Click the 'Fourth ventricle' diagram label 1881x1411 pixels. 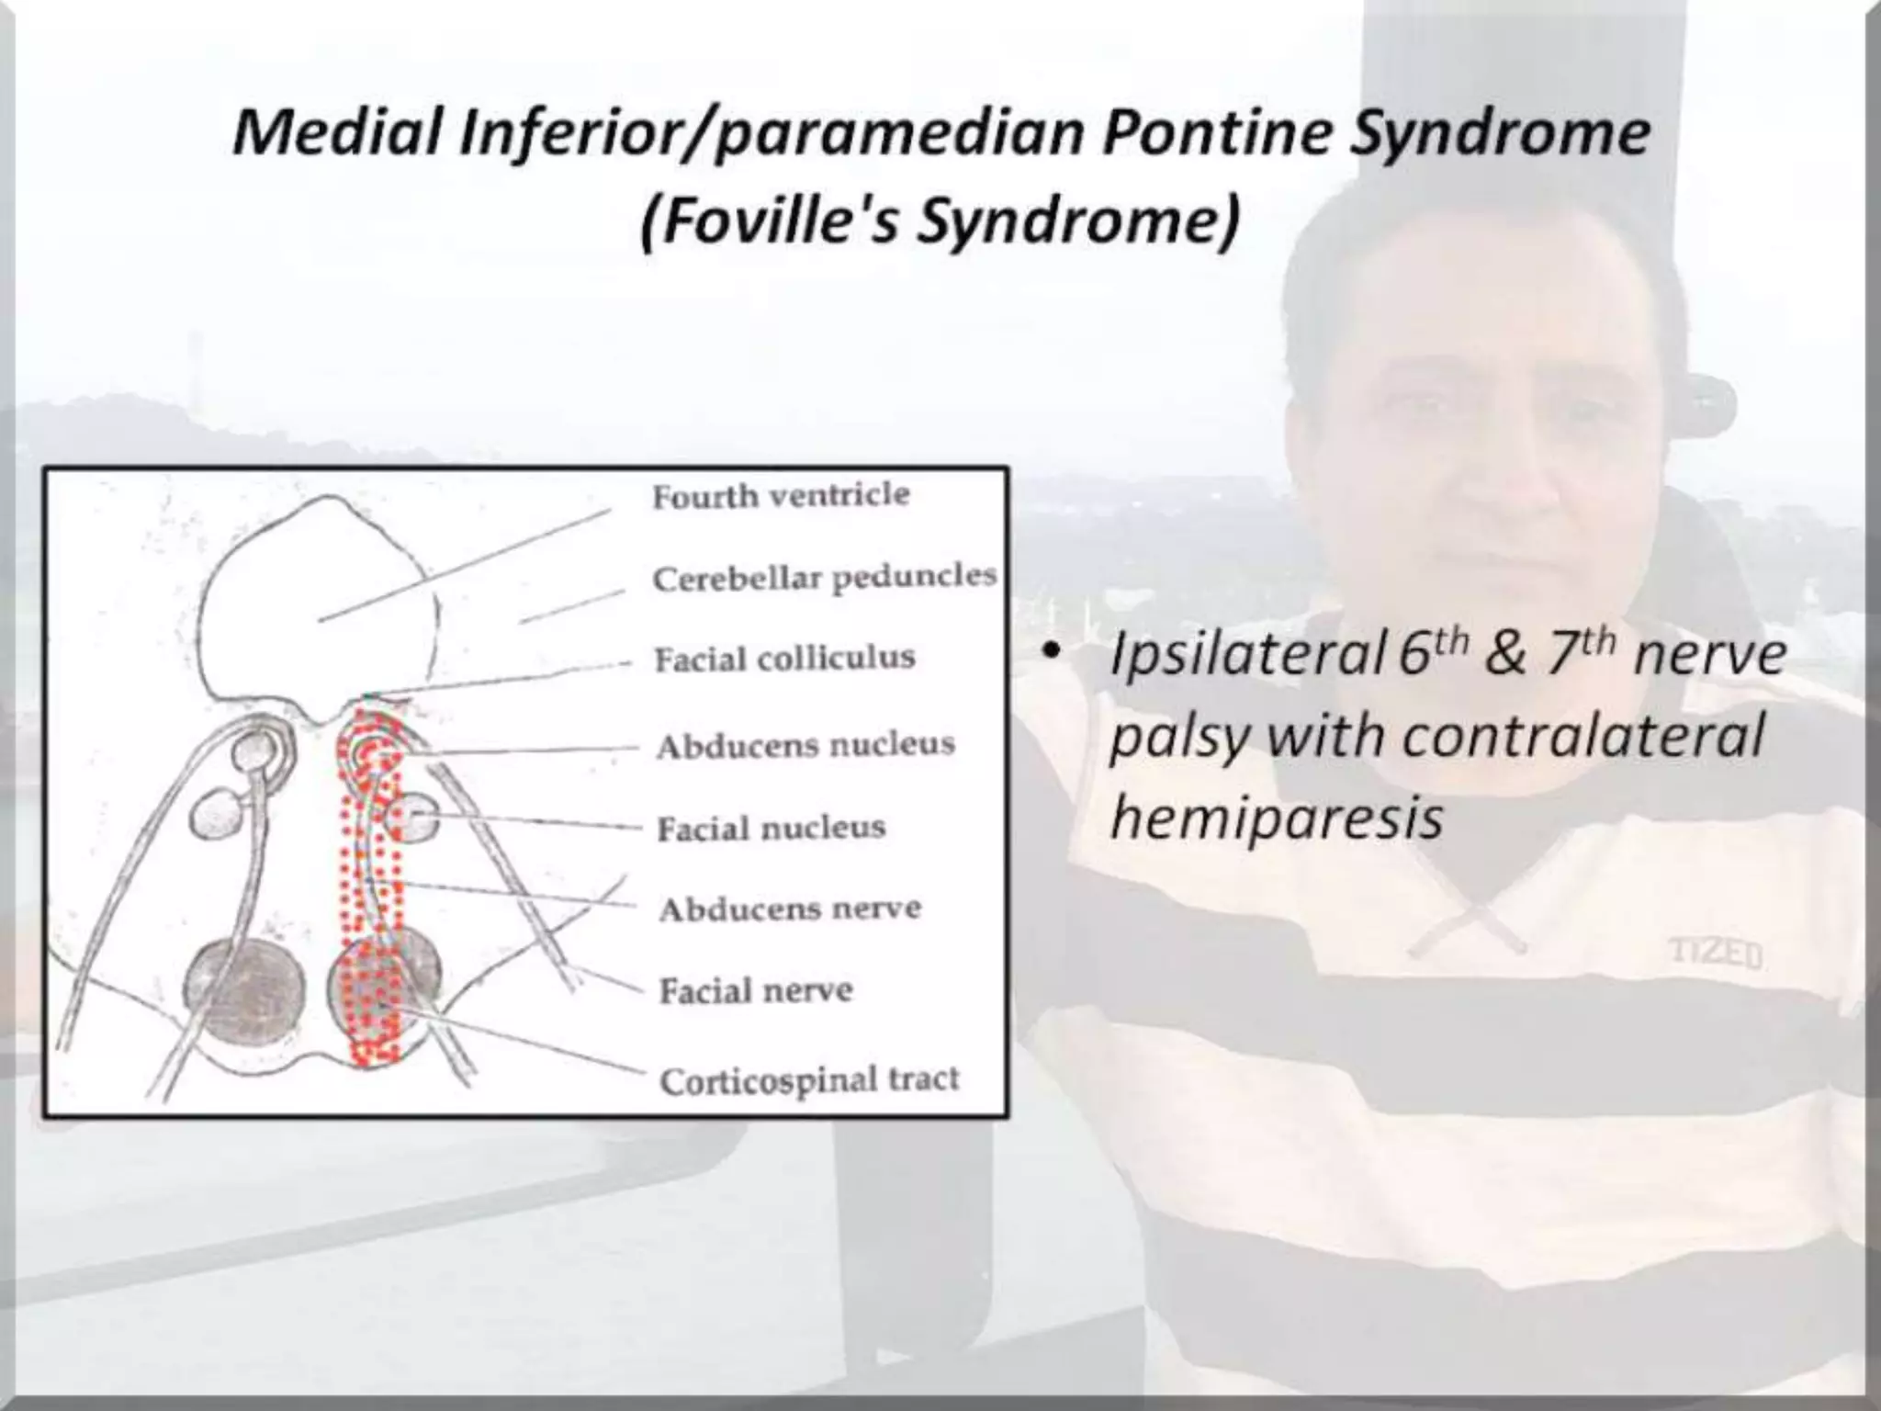[781, 496]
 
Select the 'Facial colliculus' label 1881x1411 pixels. [784, 659]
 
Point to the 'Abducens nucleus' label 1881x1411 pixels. [805, 744]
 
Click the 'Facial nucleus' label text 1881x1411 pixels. [771, 828]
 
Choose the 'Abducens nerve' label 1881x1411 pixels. [789, 909]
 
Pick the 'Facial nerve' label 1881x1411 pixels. [756, 990]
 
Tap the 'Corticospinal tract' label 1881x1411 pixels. [808, 1080]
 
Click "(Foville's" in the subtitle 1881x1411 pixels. [767, 222]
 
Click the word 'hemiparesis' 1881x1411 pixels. [1276, 817]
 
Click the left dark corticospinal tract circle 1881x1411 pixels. [244, 988]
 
